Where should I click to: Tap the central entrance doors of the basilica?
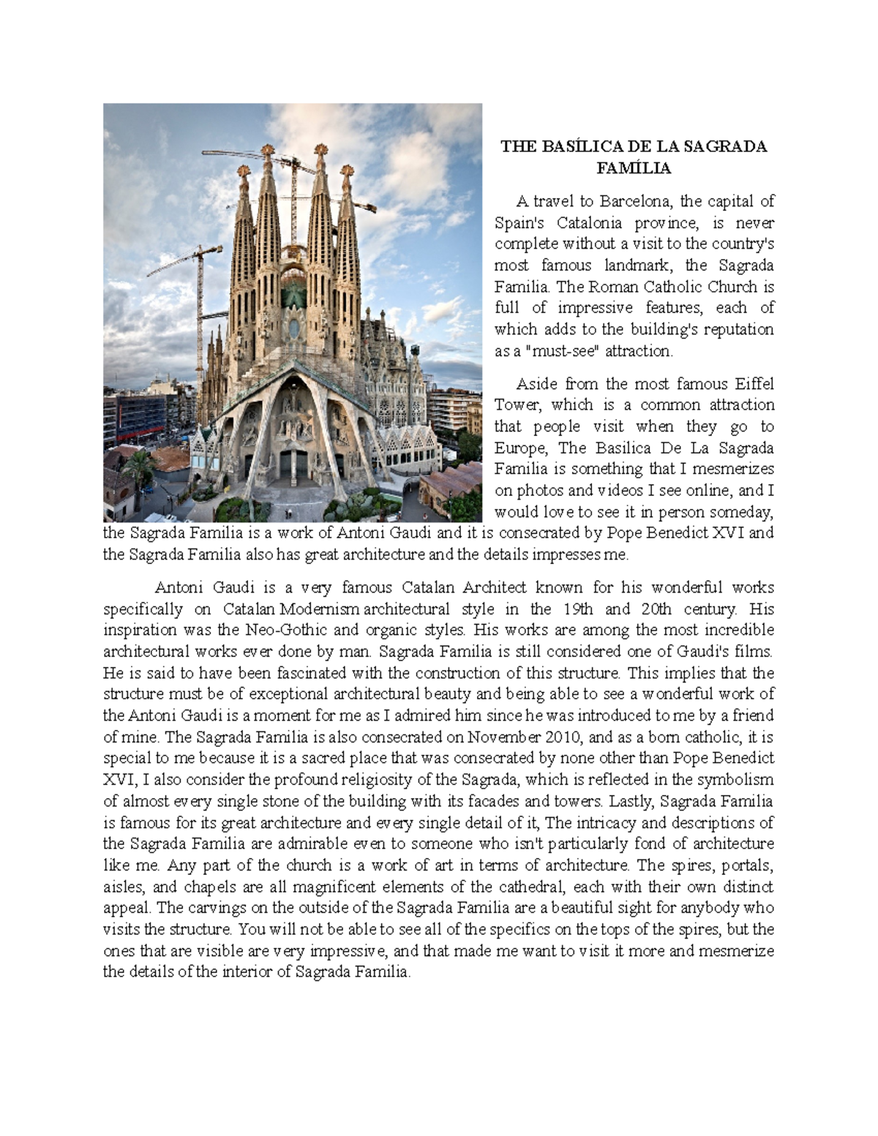pos(293,464)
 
